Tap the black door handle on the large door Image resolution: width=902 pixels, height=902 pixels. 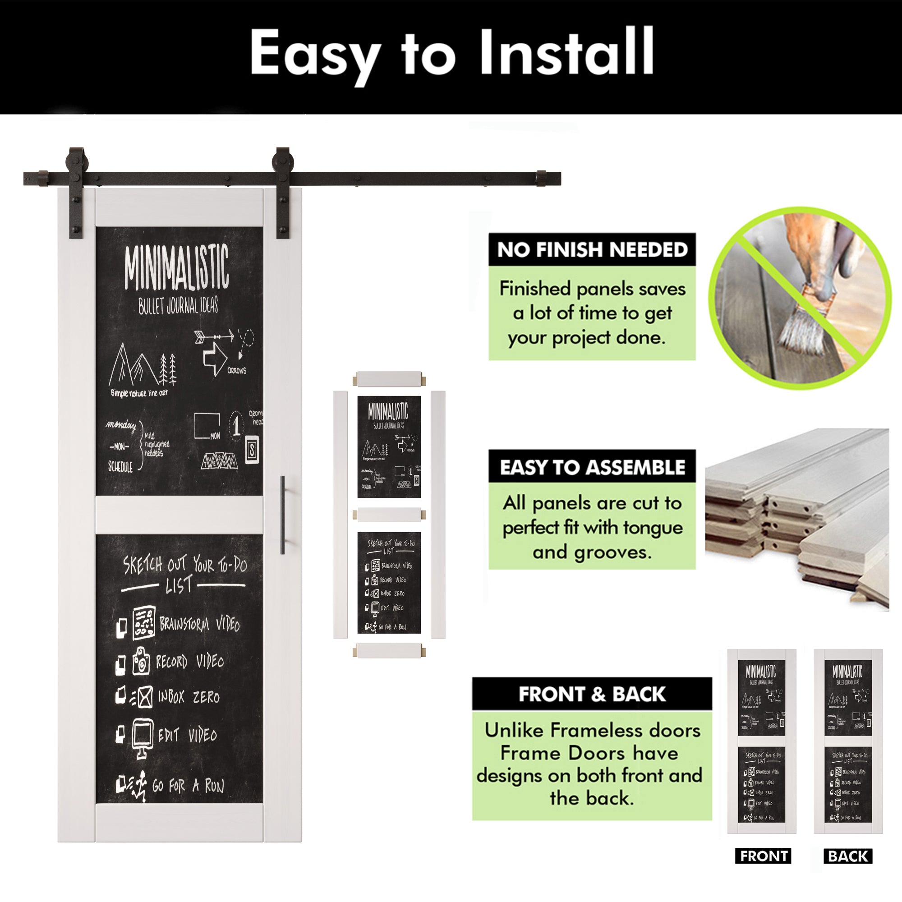click(283, 515)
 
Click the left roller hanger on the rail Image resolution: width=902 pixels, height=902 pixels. click(75, 191)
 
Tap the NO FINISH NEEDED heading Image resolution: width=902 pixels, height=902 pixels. click(592, 250)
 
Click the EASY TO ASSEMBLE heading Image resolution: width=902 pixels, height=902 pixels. click(592, 467)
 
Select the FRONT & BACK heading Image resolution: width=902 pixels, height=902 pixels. click(592, 694)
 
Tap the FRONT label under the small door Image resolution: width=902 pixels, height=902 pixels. click(763, 856)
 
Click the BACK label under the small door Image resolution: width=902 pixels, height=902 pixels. click(848, 856)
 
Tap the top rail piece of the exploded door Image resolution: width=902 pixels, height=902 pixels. click(389, 378)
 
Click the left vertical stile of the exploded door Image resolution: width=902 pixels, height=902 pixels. click(341, 514)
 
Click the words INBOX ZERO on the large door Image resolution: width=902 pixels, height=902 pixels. click(188, 698)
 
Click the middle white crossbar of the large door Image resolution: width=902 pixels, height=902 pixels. click(179, 515)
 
